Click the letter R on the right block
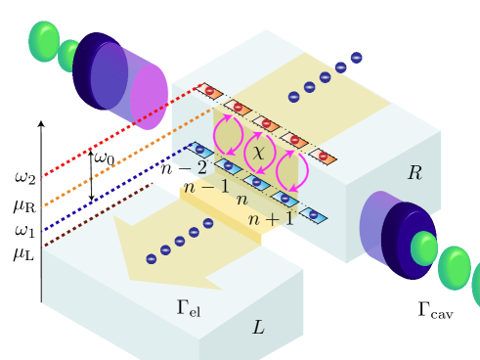pyautogui.click(x=415, y=173)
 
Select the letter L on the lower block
pyautogui.click(x=258, y=328)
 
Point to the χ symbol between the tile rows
pyautogui.click(x=258, y=153)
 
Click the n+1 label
pyautogui.click(x=271, y=219)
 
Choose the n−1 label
pyautogui.click(x=206, y=186)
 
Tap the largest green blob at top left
pyautogui.click(x=44, y=41)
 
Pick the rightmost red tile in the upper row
pyautogui.click(x=323, y=157)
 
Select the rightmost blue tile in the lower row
pyautogui.click(x=313, y=215)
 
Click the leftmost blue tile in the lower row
pyautogui.click(x=200, y=151)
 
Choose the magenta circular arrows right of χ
pyautogui.click(x=290, y=170)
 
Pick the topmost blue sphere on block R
pyautogui.click(x=356, y=58)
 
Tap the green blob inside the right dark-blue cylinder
pyautogui.click(x=423, y=248)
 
